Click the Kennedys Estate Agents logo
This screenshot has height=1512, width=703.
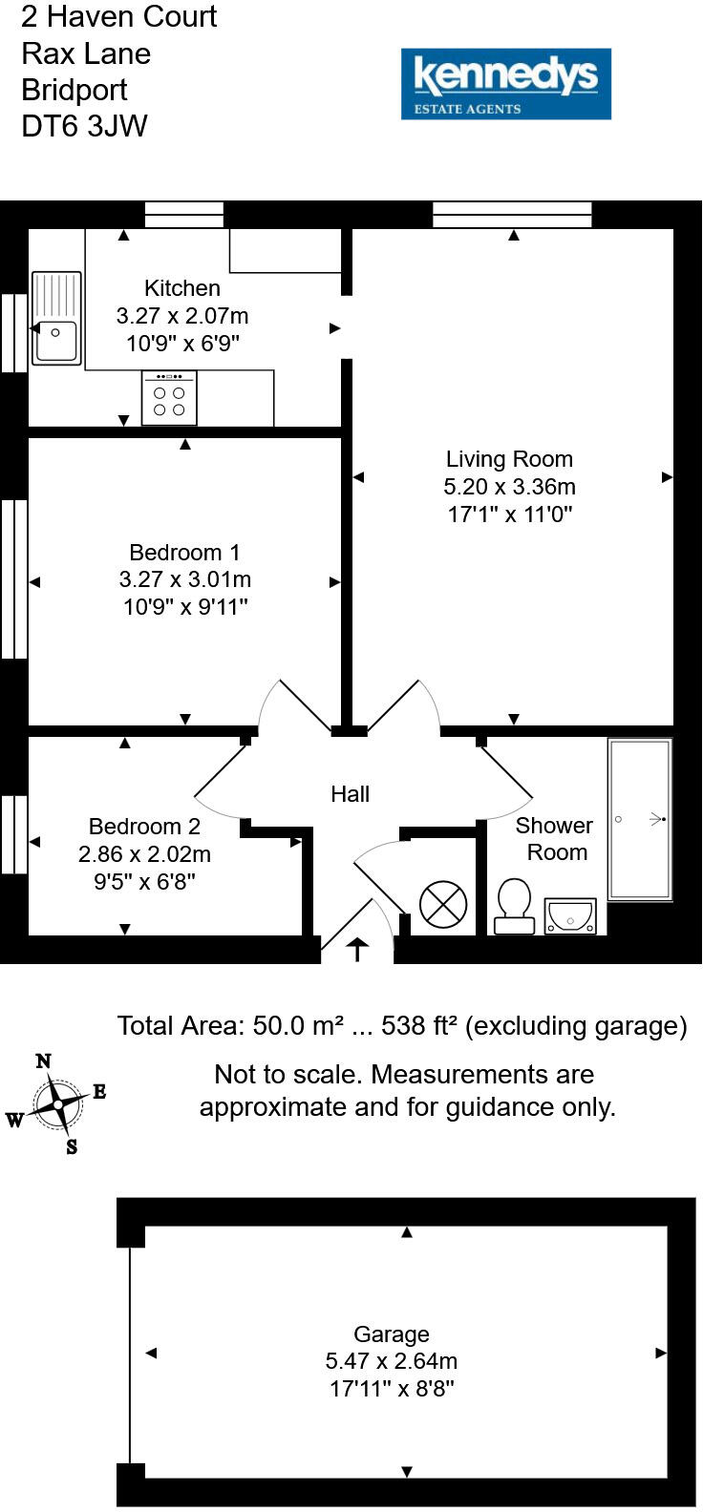[x=505, y=84]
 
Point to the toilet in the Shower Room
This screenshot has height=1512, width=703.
[x=515, y=906]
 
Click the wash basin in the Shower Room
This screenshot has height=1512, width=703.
[x=570, y=916]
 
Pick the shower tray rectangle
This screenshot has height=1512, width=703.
[x=640, y=819]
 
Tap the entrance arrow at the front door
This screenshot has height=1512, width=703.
[x=357, y=949]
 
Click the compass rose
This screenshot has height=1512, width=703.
[x=58, y=1104]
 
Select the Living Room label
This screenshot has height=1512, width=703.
[x=509, y=459]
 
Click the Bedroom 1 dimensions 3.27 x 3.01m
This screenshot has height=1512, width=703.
[x=185, y=579]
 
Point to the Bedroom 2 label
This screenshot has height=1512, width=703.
[x=144, y=827]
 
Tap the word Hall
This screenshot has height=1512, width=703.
[x=350, y=794]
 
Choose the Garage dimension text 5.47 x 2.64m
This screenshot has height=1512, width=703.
[x=392, y=1361]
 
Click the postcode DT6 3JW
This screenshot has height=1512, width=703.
[x=84, y=126]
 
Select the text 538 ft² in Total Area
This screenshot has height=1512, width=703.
[x=419, y=1026]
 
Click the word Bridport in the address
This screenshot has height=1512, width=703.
[x=75, y=90]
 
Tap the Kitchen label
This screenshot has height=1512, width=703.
[x=181, y=287]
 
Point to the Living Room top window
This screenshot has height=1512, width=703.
[x=512, y=215]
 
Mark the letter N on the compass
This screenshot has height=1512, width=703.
[x=43, y=1060]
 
